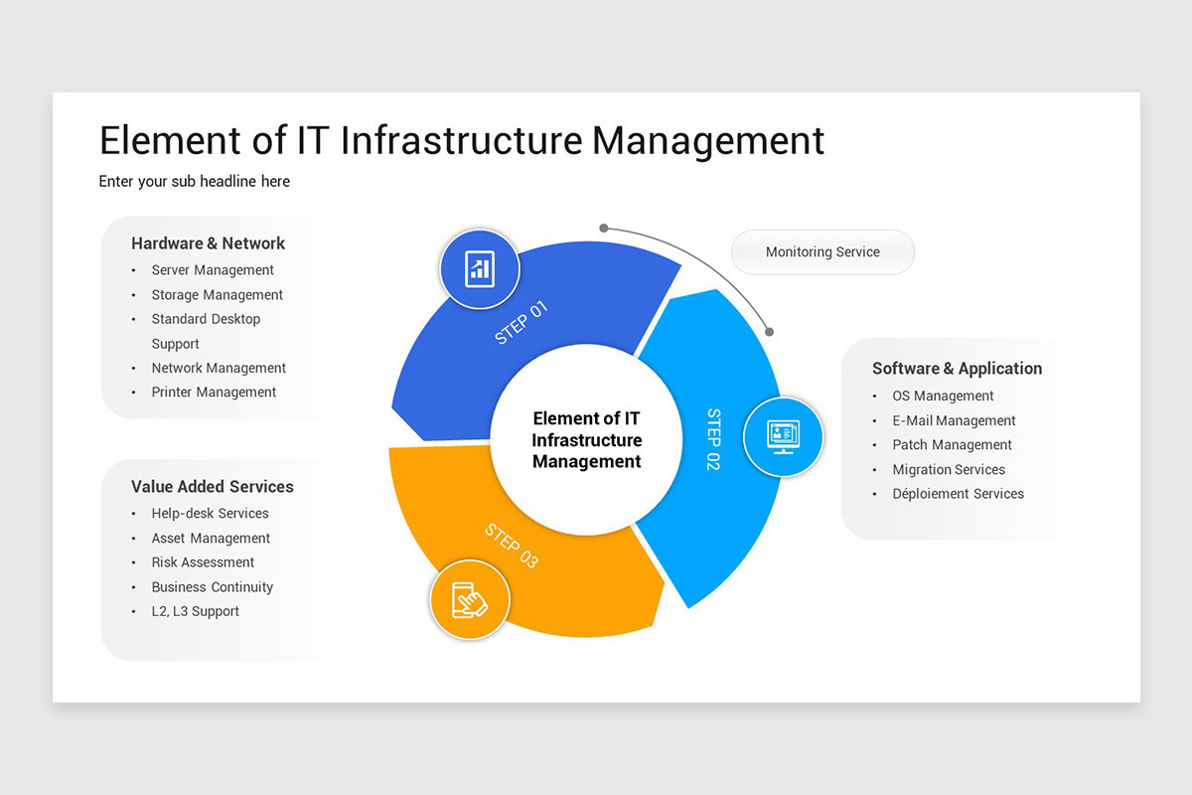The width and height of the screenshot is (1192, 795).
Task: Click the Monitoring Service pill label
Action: pos(822,251)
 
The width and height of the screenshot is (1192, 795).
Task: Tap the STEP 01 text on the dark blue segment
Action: pos(521,322)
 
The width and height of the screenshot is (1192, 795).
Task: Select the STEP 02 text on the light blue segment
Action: pos(713,439)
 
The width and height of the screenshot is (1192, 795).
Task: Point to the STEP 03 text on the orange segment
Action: pos(512,546)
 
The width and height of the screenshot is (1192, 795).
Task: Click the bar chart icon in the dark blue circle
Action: pos(480,269)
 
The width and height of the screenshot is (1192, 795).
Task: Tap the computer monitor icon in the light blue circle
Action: pos(784,437)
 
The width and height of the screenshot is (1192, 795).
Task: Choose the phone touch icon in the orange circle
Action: pos(469,600)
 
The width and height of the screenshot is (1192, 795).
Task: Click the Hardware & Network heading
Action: pos(208,243)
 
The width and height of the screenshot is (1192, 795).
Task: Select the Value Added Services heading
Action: pos(213,486)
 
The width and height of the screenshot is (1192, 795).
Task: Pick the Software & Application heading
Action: pos(957,368)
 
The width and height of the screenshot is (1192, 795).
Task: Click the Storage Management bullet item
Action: pos(218,294)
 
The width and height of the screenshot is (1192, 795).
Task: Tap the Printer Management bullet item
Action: pos(214,392)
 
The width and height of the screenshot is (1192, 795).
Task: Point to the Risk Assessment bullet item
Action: pos(203,562)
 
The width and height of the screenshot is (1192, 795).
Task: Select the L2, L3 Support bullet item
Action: pos(196,611)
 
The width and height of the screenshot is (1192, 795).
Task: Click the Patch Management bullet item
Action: pos(952,444)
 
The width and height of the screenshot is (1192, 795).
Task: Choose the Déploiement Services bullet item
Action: pos(958,494)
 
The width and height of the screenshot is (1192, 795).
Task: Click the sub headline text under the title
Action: pos(195,181)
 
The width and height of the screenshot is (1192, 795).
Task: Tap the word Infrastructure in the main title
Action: pos(461,140)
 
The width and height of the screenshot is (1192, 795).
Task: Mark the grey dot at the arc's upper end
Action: pos(604,228)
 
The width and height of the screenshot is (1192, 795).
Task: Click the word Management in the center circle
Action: pos(586,462)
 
